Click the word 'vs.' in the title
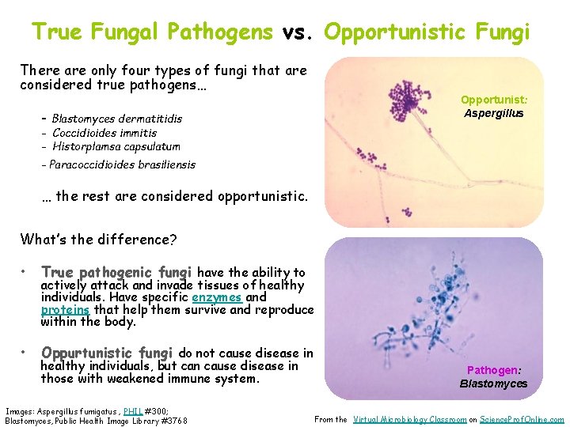(298, 32)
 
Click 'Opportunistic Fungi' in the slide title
(427, 32)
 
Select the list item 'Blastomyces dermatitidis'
(116, 119)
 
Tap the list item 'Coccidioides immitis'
(104, 133)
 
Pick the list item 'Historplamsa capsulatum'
(116, 146)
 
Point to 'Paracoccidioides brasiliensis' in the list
(122, 164)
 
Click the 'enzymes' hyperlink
(216, 297)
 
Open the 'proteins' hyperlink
(65, 310)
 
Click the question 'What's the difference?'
(98, 239)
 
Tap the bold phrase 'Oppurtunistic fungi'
(107, 353)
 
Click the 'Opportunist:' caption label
(494, 100)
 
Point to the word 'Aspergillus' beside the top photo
(494, 113)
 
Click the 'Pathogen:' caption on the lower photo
(493, 370)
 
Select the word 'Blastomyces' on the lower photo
(493, 384)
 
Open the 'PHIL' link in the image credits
(133, 411)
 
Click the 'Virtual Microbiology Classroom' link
(409, 419)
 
